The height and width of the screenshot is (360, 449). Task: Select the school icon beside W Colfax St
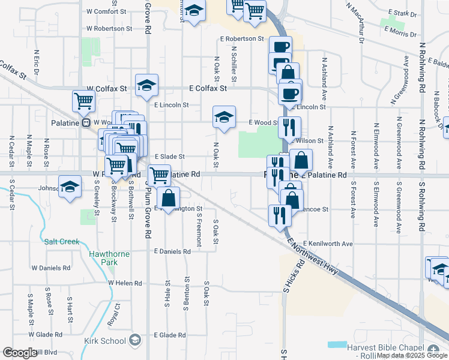click(x=146, y=86)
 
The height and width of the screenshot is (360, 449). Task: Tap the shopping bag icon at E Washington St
click(x=170, y=197)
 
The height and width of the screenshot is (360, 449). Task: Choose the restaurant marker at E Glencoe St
click(x=279, y=214)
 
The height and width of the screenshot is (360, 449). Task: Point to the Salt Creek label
click(x=62, y=242)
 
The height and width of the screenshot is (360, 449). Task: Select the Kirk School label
click(x=105, y=341)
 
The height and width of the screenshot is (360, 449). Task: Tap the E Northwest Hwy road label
click(x=313, y=256)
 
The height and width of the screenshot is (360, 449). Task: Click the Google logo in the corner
click(x=20, y=353)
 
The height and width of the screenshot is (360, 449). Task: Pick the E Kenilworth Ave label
click(x=328, y=244)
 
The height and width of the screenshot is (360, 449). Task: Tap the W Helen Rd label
click(x=125, y=283)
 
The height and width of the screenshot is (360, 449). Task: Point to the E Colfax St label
click(x=207, y=88)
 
